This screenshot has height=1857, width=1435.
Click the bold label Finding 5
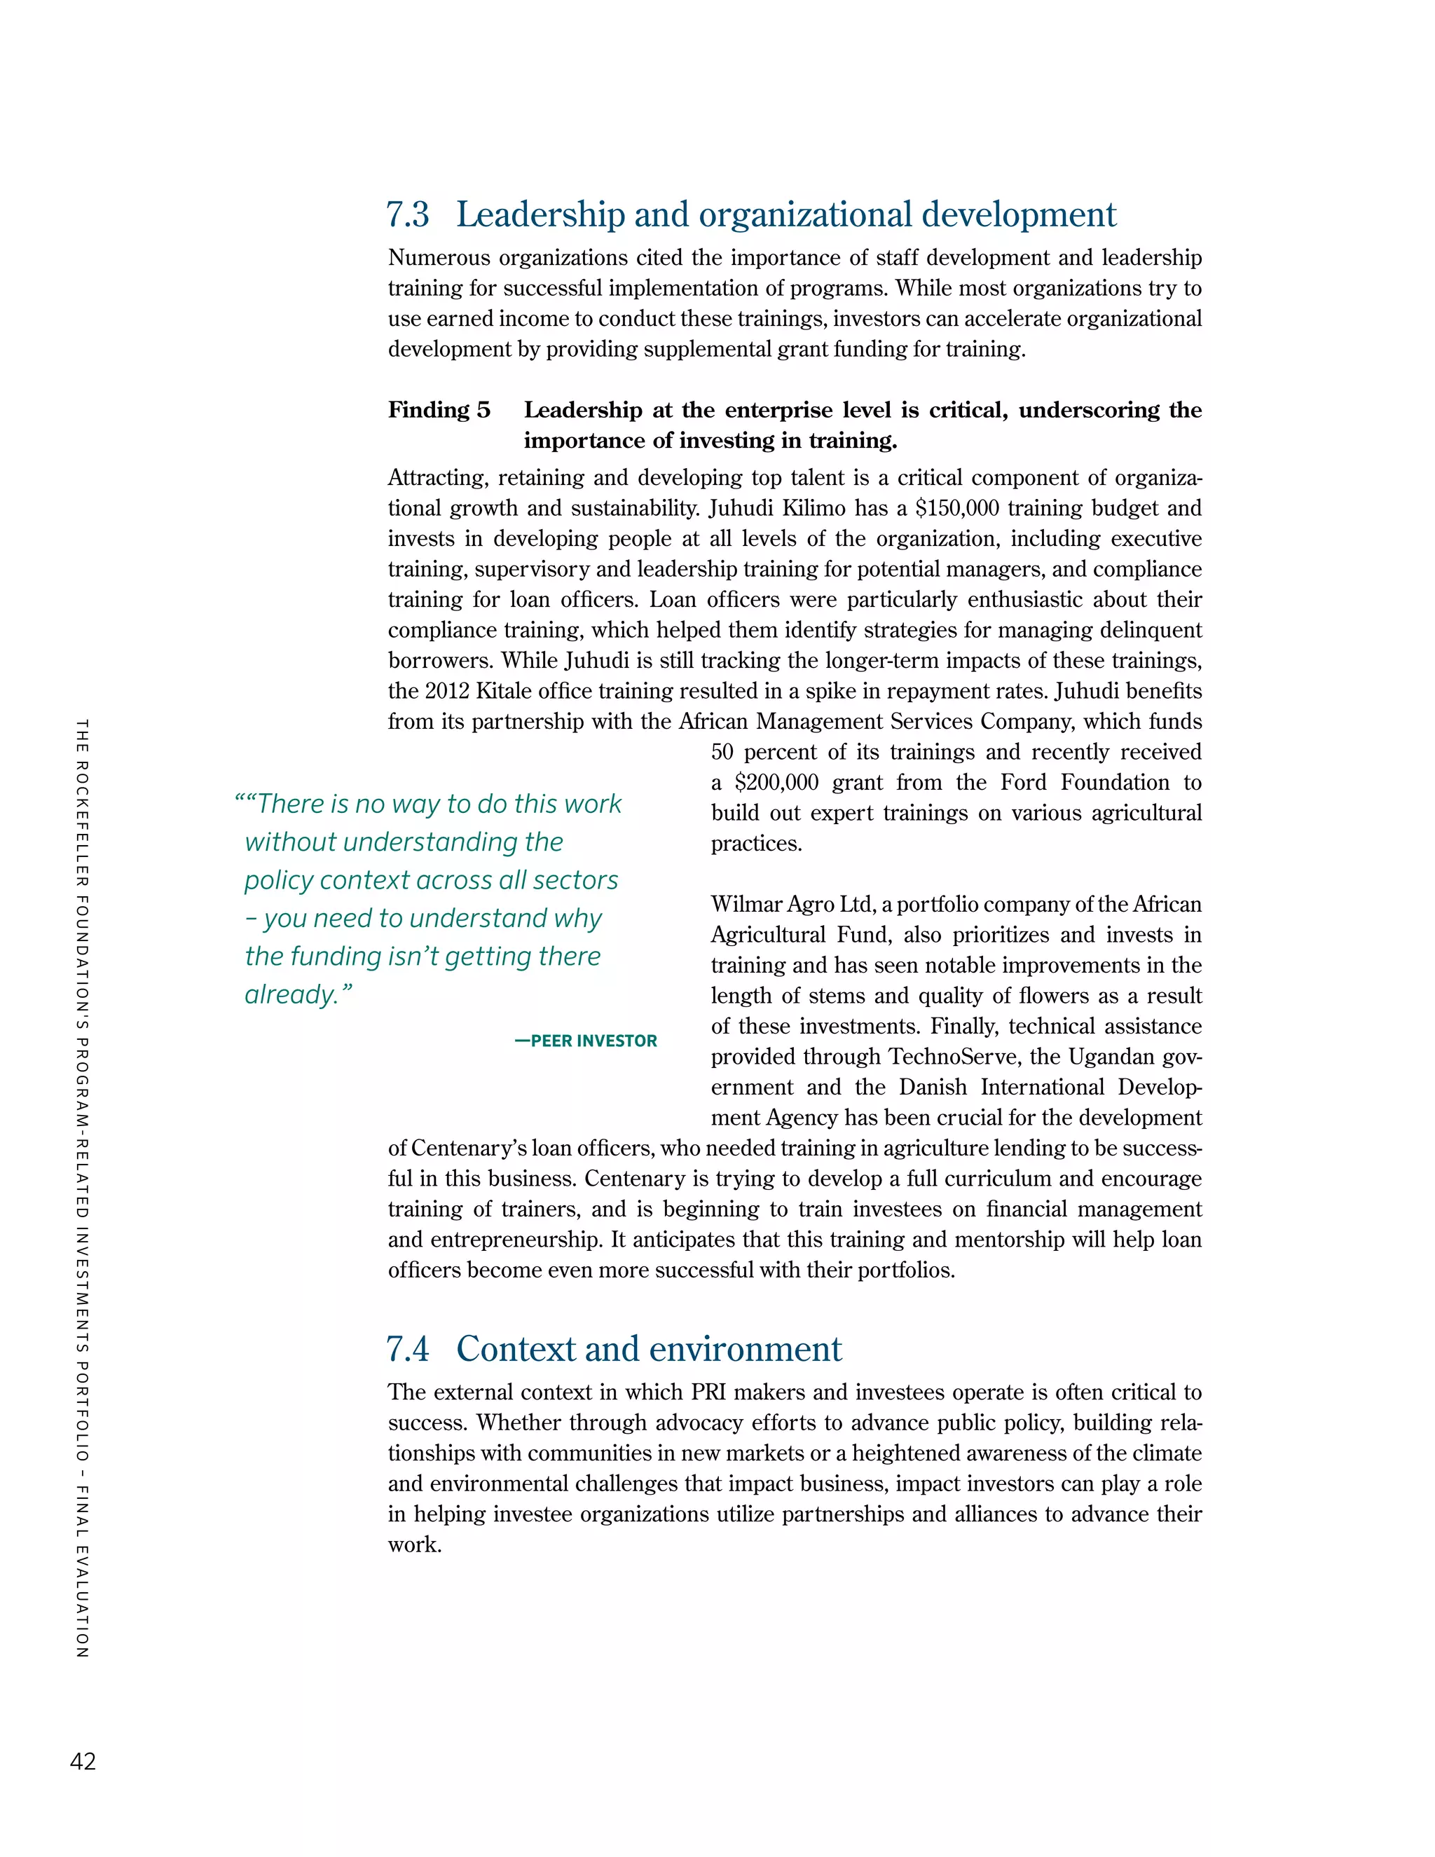click(x=439, y=410)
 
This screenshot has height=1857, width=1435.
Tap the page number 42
click(x=83, y=1762)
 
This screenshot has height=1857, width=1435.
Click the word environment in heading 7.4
click(x=744, y=1350)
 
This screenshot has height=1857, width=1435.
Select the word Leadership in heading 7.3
click(x=541, y=215)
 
